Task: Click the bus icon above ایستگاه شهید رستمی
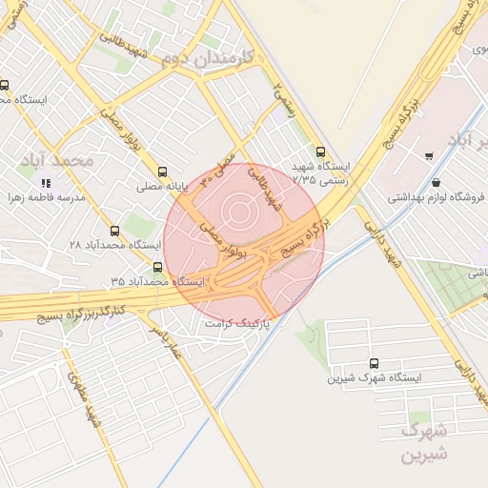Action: pyautogui.click(x=320, y=152)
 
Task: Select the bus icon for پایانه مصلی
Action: pyautogui.click(x=163, y=173)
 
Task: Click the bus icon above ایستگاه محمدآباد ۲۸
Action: pyautogui.click(x=115, y=231)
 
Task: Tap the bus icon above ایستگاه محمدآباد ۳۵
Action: pyautogui.click(x=158, y=268)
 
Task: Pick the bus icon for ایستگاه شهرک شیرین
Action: pyautogui.click(x=373, y=363)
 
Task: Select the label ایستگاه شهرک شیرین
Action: pyautogui.click(x=374, y=378)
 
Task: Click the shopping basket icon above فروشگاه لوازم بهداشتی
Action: pyautogui.click(x=436, y=183)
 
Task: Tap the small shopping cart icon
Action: pyautogui.click(x=430, y=152)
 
